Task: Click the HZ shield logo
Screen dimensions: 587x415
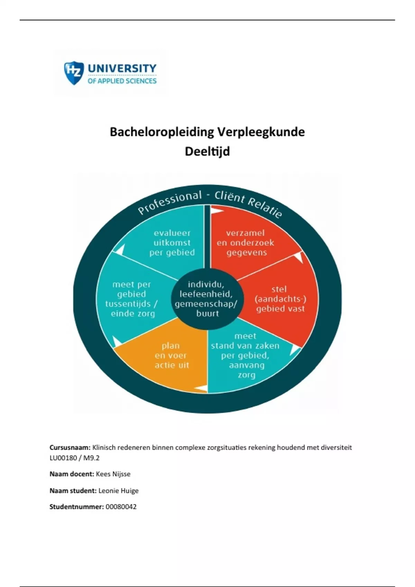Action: tap(74, 73)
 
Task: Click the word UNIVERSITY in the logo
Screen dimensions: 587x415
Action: tap(122, 68)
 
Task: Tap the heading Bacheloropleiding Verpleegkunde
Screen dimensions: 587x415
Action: tap(207, 132)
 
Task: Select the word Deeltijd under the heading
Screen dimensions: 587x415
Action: tap(207, 151)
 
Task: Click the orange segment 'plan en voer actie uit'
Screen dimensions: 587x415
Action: tap(172, 356)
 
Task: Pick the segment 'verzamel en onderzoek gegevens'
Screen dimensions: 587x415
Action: tap(246, 242)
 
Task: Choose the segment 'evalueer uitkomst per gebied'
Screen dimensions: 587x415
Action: tap(172, 242)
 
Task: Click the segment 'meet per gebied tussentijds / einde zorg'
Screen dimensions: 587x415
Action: tap(132, 299)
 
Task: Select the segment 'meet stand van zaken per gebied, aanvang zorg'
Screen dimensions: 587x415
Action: tap(246, 356)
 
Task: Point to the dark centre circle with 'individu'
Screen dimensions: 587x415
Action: tap(207, 299)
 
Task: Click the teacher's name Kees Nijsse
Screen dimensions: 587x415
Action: tap(113, 474)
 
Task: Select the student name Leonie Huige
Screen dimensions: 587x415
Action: tap(118, 491)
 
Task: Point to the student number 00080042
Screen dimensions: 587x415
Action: tap(121, 507)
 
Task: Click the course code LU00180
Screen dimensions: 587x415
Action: tap(63, 458)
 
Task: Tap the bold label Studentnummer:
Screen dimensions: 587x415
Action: tap(76, 507)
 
